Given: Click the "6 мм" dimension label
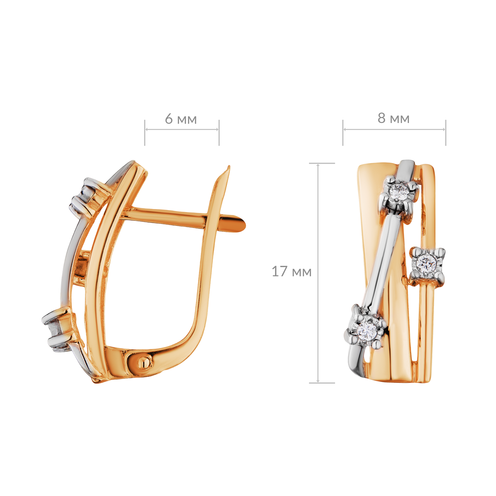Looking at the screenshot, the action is pyautogui.click(x=181, y=119).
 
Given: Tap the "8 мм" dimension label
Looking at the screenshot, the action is pyautogui.click(x=393, y=118).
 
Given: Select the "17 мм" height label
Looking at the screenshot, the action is pyautogui.click(x=291, y=271).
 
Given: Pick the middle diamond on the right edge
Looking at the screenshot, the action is pyautogui.click(x=426, y=262).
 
